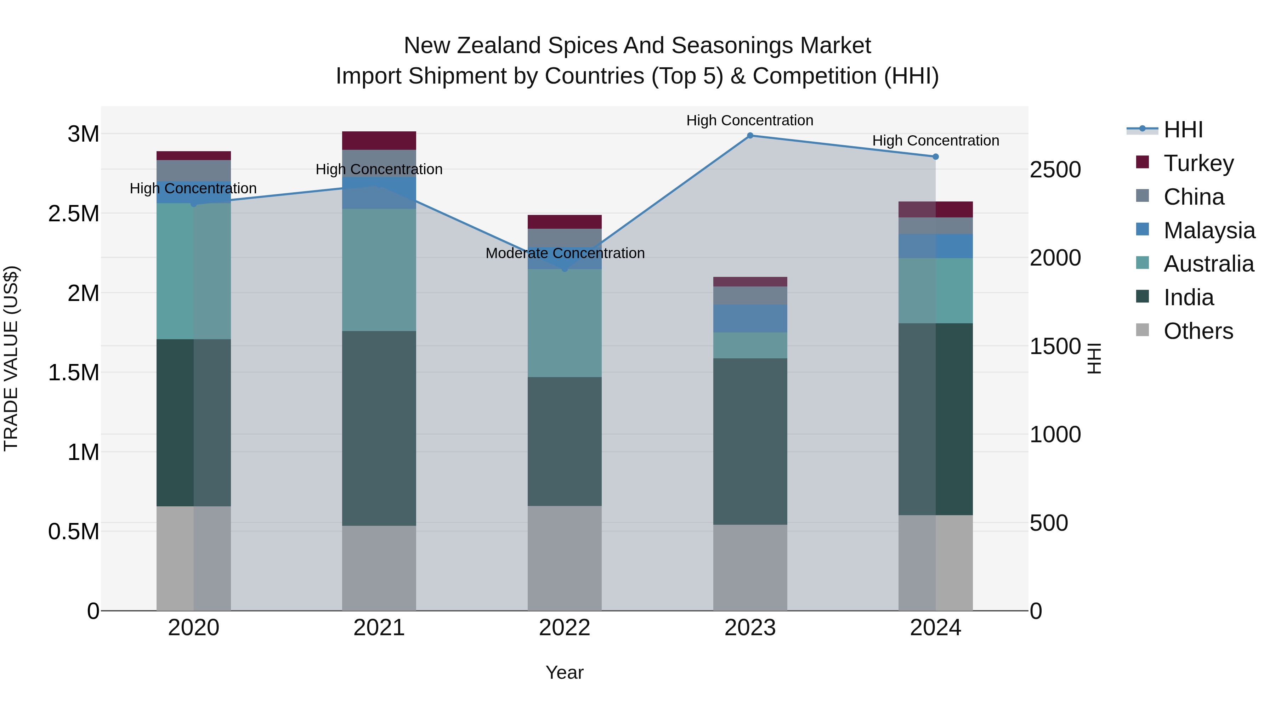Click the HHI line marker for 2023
750,136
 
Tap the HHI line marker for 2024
935,157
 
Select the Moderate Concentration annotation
565,254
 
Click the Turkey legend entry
1198,163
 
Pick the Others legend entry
1198,331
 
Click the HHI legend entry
1183,130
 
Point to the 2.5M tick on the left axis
74,214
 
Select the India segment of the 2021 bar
379,428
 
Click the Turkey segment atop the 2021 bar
379,141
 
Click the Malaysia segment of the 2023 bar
750,319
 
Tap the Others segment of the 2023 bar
750,568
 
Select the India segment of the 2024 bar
935,419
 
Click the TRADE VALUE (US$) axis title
11,358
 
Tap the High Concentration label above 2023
749,121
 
